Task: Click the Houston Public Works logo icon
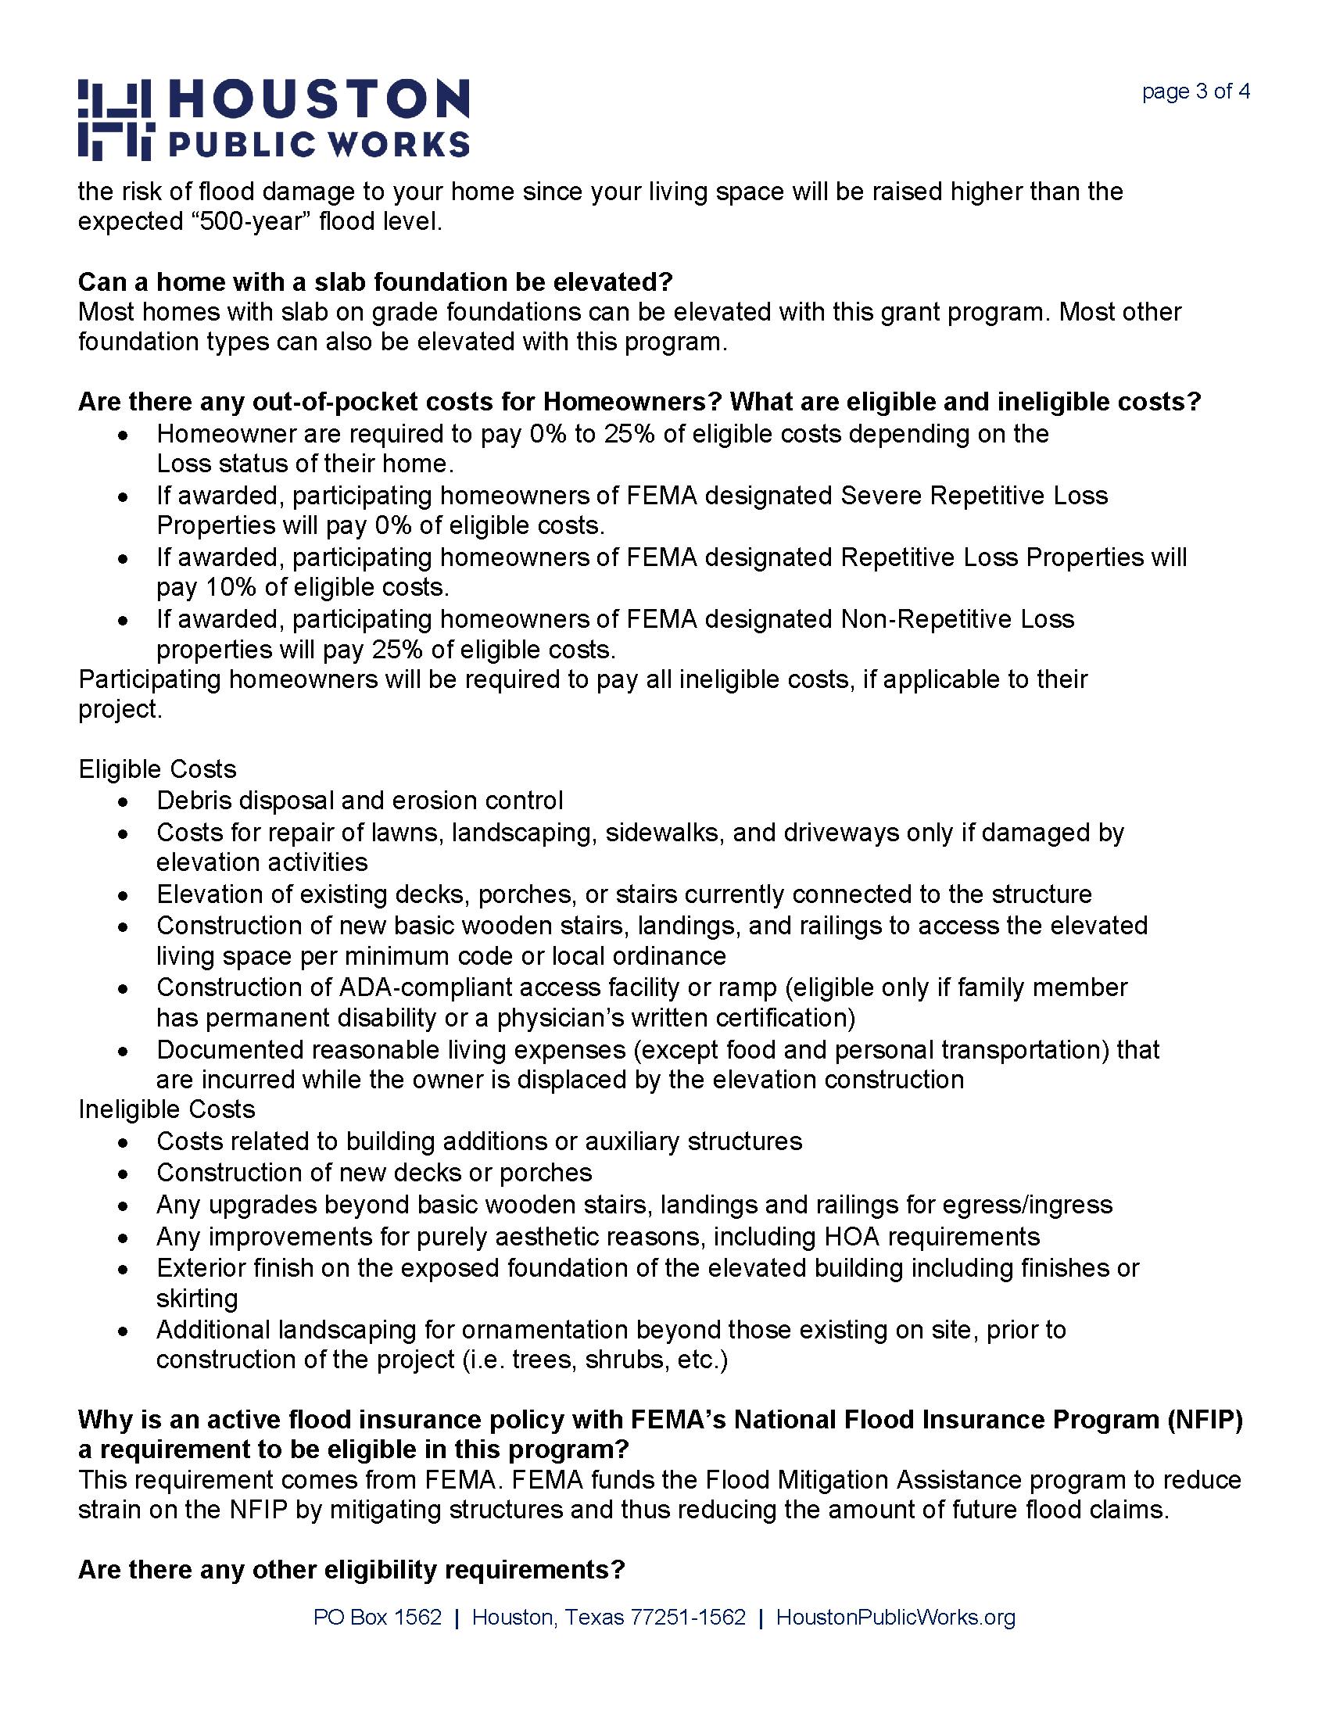(115, 119)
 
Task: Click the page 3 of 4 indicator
(1195, 92)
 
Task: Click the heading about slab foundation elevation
(374, 282)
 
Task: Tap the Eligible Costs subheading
(157, 769)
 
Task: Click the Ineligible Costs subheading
(167, 1109)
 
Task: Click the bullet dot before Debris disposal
(122, 802)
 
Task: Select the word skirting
(197, 1299)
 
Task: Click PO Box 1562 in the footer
(378, 1618)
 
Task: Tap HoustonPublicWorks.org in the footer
(895, 1618)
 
